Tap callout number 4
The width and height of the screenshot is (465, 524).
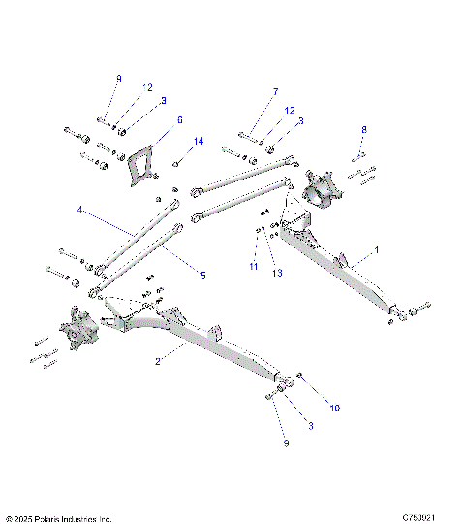80,209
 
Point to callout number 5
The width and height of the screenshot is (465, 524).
203,276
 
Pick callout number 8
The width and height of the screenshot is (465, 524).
364,129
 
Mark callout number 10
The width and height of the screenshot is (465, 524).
334,409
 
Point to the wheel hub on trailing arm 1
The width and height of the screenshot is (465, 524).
320,187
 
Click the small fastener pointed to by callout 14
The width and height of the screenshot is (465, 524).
177,163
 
